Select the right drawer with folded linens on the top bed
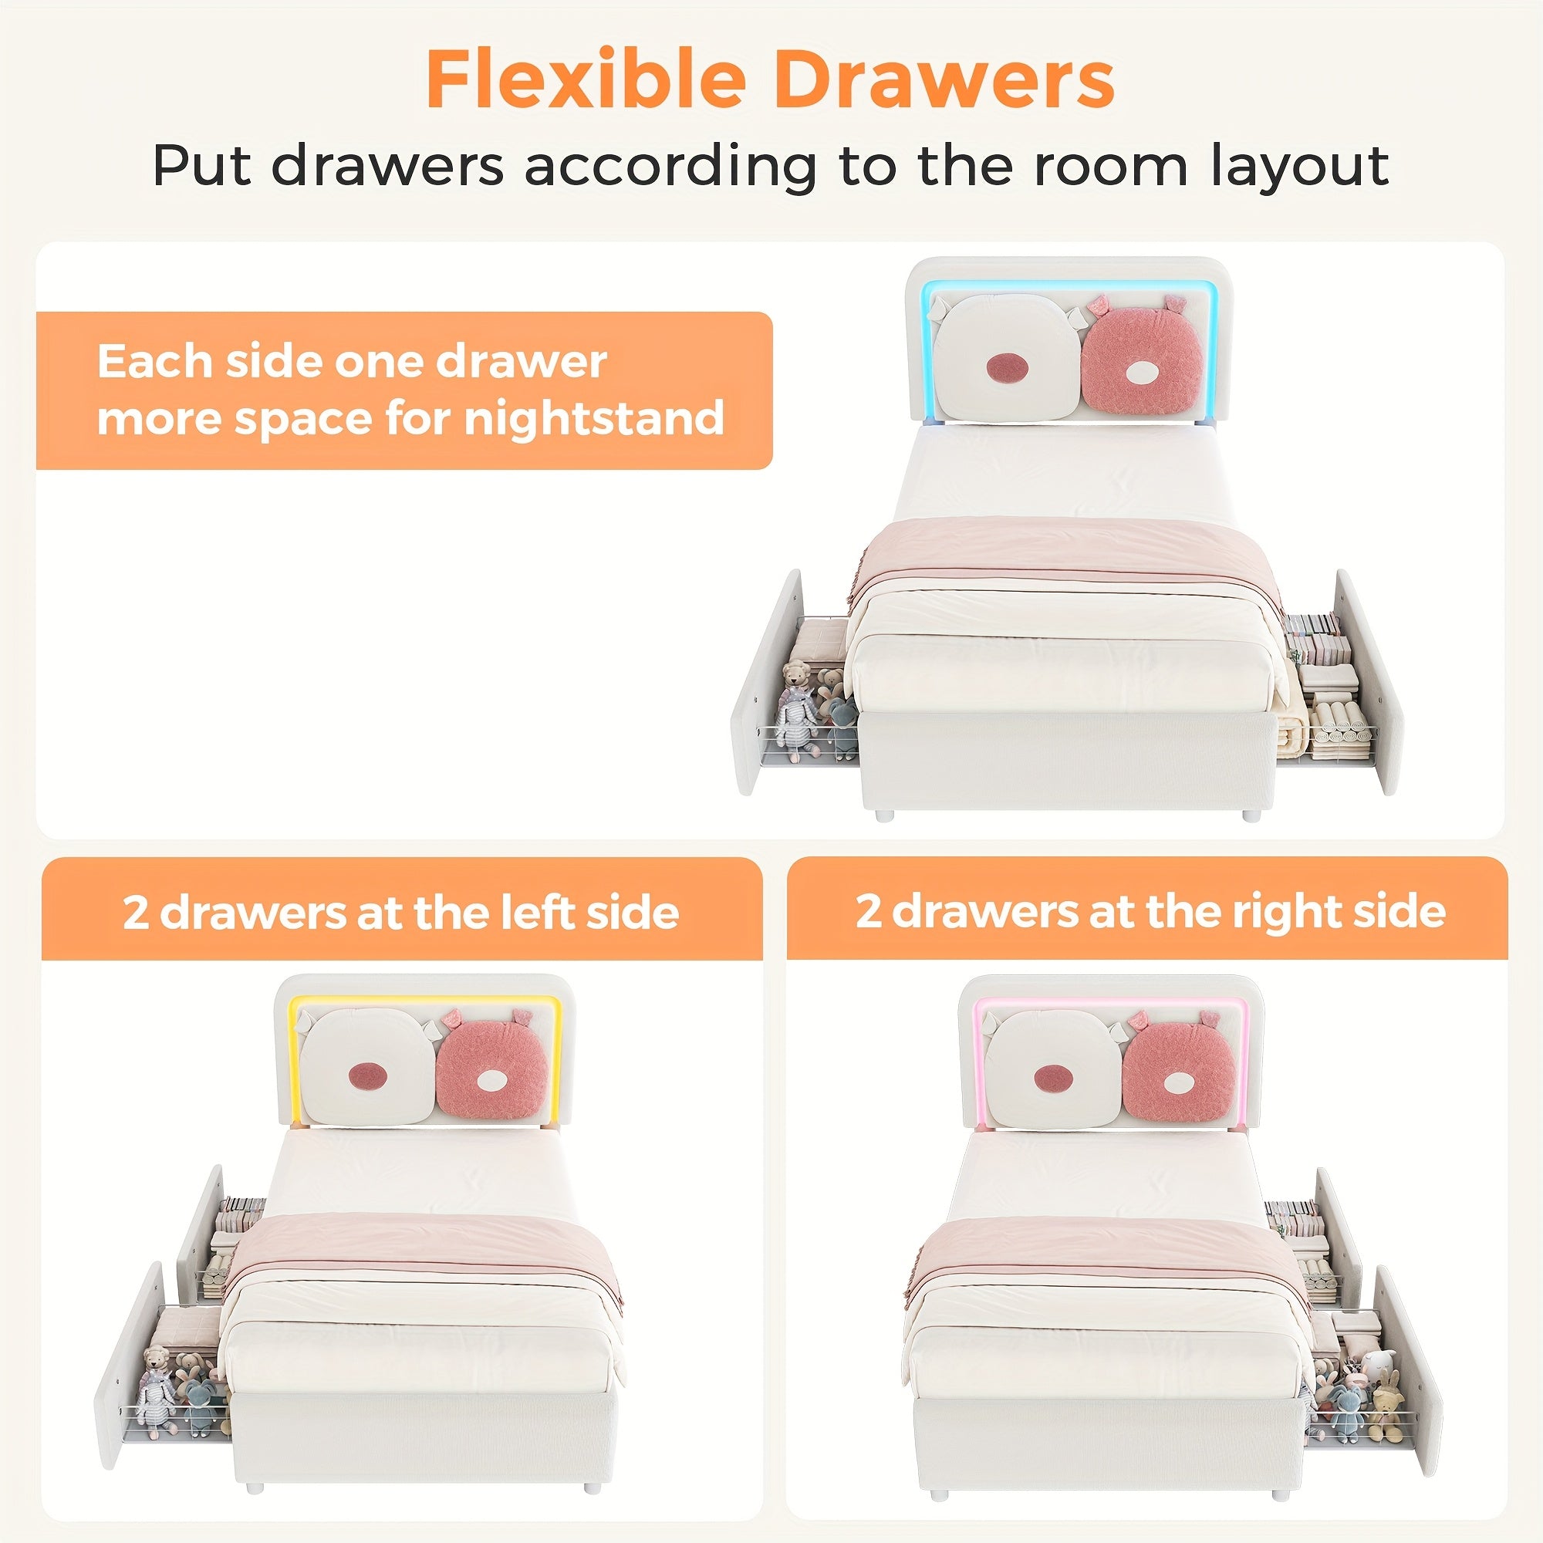pos(1342,687)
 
